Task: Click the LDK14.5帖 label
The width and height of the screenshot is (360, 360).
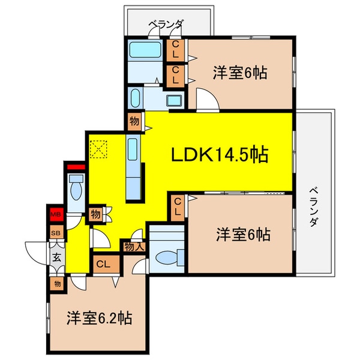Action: tap(220, 154)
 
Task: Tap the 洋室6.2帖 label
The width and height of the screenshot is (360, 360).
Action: tap(100, 318)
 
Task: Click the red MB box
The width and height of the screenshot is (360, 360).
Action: tap(56, 214)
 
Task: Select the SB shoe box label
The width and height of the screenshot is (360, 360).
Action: tap(56, 233)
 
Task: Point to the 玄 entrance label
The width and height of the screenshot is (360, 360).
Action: tap(56, 257)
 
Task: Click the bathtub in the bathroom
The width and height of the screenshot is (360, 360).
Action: tap(145, 50)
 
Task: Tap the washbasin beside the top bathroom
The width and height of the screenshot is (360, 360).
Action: tap(175, 101)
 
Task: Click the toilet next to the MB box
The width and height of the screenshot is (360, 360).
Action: tap(76, 188)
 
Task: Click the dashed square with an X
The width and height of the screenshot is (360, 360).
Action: tap(98, 149)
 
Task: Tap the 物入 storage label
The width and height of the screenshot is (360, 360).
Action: tap(134, 247)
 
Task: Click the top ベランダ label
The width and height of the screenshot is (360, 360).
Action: tap(166, 24)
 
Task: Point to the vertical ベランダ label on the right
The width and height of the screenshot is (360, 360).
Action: tap(313, 207)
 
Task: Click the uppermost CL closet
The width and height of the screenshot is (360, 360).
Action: tap(175, 50)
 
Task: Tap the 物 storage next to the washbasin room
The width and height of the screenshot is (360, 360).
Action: tap(134, 121)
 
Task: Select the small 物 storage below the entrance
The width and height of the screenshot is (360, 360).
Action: tap(57, 284)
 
